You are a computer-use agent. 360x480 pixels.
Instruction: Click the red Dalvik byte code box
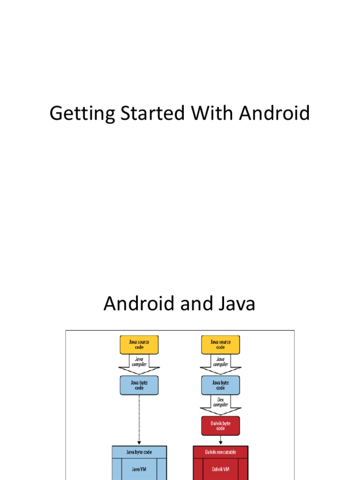[x=220, y=426]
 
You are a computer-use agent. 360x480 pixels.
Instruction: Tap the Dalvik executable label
[x=220, y=452]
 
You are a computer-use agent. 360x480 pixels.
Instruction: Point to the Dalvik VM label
[x=220, y=468]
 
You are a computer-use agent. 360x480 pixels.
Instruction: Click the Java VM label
[x=139, y=468]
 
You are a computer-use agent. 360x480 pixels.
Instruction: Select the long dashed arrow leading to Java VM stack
[x=139, y=420]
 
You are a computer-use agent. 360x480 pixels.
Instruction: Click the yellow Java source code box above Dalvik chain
[x=220, y=345]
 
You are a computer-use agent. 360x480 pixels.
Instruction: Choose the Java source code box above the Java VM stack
[x=139, y=345]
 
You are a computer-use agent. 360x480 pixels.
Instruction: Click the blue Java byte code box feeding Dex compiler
[x=220, y=385]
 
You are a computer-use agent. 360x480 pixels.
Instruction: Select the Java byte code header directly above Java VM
[x=139, y=452]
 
